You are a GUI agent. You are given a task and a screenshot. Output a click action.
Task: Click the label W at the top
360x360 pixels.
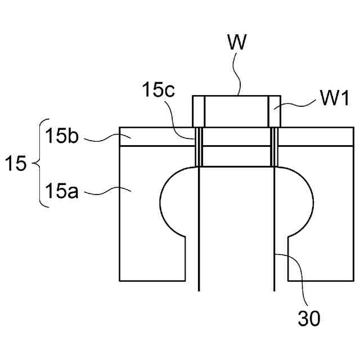pos(237,43)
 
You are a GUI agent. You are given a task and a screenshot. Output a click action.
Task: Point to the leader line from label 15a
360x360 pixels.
pos(107,193)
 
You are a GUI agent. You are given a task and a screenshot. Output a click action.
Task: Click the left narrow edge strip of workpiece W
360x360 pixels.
pos(199,111)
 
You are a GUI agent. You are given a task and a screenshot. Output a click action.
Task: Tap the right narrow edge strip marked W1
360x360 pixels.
pos(273,111)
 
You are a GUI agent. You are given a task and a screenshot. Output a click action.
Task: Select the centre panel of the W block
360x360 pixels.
pos(236,111)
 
